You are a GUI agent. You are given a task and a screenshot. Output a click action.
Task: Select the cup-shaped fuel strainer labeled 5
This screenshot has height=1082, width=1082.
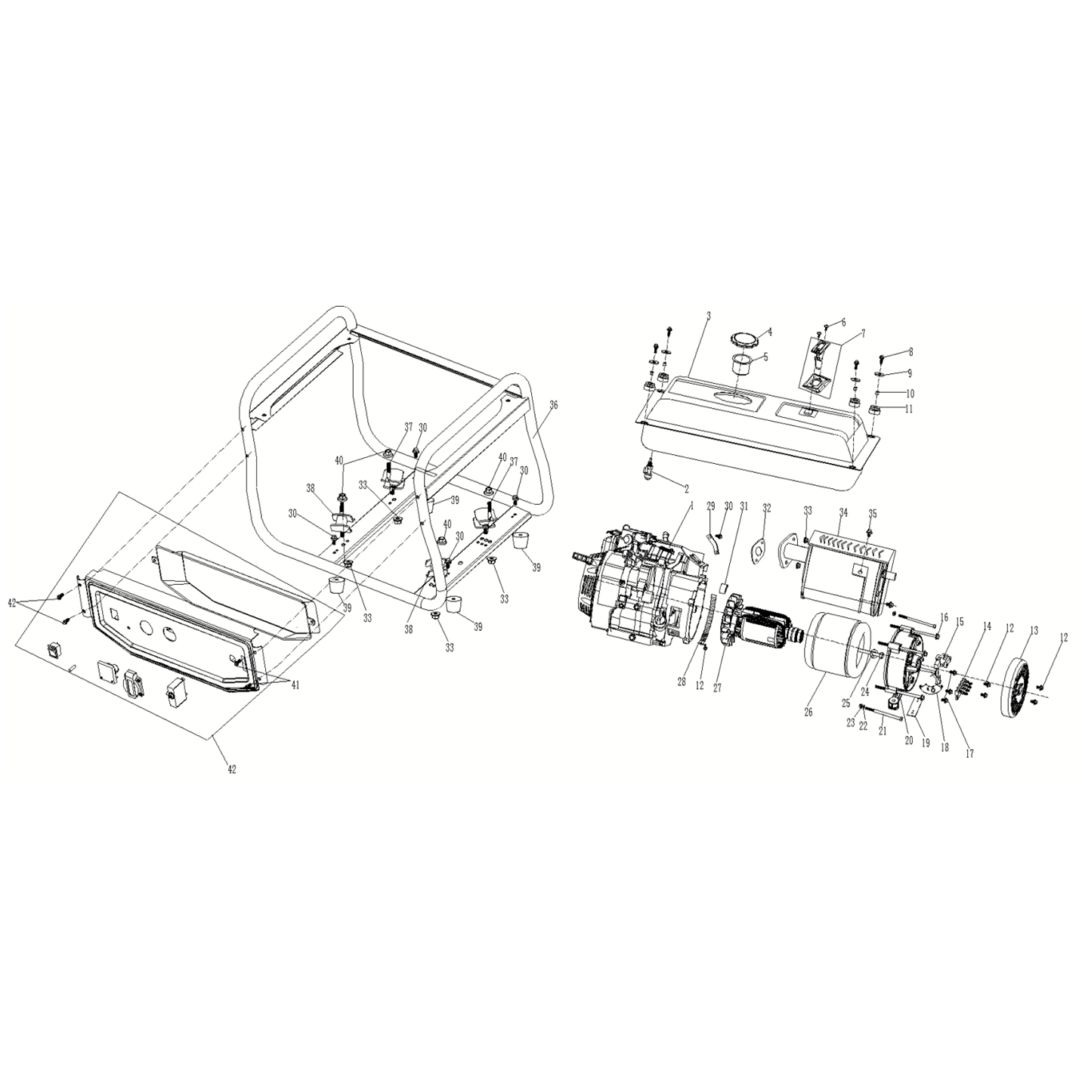click(x=742, y=366)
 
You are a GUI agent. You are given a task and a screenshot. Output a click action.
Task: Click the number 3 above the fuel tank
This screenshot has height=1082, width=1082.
click(x=709, y=316)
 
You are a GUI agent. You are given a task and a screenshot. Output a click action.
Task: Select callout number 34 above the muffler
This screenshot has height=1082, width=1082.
click(x=842, y=512)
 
